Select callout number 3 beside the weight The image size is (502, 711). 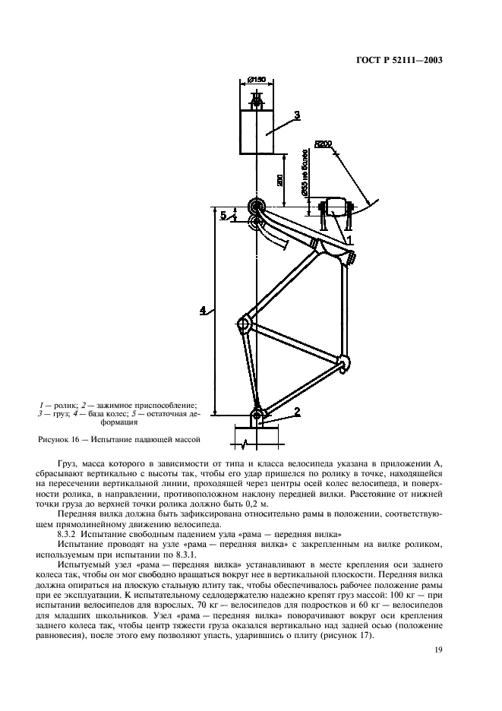[297, 115]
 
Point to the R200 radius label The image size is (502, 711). [323, 144]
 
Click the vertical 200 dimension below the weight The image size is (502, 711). [280, 179]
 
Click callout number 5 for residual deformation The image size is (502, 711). [223, 215]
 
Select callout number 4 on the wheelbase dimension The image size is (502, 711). [203, 310]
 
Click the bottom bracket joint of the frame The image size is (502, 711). [344, 362]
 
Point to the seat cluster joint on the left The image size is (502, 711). [244, 324]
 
